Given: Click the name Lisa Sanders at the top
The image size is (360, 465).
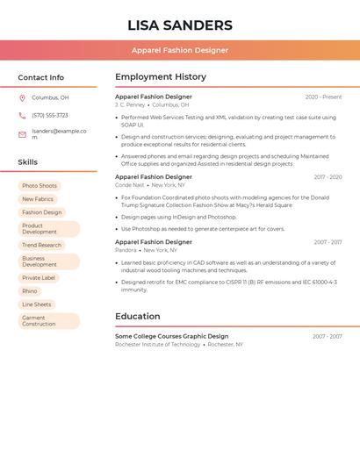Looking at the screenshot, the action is pyautogui.click(x=180, y=25).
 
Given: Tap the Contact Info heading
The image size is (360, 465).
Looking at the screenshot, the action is pyautogui.click(x=41, y=77).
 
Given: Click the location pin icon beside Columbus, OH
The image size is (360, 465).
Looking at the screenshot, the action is pyautogui.click(x=22, y=97).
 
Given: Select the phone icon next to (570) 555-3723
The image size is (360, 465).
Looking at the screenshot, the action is pyautogui.click(x=22, y=115).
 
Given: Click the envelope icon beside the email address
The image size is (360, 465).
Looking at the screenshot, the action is pyautogui.click(x=22, y=134).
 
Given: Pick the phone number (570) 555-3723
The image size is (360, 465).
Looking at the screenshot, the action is pyautogui.click(x=50, y=115).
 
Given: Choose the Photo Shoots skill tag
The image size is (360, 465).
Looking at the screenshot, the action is pyautogui.click(x=40, y=186).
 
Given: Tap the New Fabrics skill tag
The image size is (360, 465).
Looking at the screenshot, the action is pyautogui.click(x=38, y=199).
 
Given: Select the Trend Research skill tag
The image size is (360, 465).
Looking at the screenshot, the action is pyautogui.click(x=42, y=246).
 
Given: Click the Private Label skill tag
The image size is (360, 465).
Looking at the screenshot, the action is pyautogui.click(x=39, y=278).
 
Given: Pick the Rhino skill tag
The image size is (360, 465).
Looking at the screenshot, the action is pyautogui.click(x=30, y=291).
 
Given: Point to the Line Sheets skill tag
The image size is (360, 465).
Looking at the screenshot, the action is pyautogui.click(x=37, y=304).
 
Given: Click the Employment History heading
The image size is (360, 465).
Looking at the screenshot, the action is pyautogui.click(x=161, y=77).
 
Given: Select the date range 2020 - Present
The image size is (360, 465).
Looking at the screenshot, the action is pyautogui.click(x=323, y=97).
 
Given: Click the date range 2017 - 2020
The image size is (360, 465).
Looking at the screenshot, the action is pyautogui.click(x=328, y=177).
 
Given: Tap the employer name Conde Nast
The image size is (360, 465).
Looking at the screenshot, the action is pyautogui.click(x=130, y=185).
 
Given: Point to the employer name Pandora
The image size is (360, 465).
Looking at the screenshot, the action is pyautogui.click(x=126, y=250).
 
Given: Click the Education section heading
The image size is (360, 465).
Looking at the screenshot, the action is pyautogui.click(x=138, y=317).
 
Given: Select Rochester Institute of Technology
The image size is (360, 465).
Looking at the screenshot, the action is pyautogui.click(x=158, y=345).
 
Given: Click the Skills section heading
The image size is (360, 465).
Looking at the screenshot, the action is pyautogui.click(x=28, y=162).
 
